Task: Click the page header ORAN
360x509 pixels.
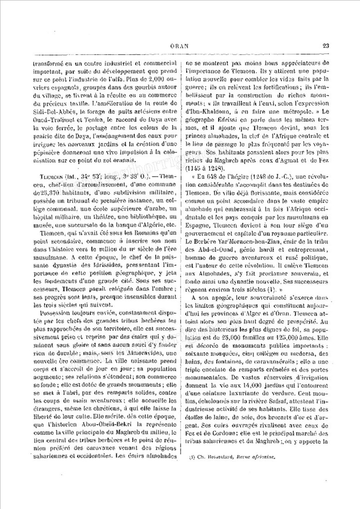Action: [x=179, y=46]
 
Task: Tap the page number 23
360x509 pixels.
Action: [x=326, y=46]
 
